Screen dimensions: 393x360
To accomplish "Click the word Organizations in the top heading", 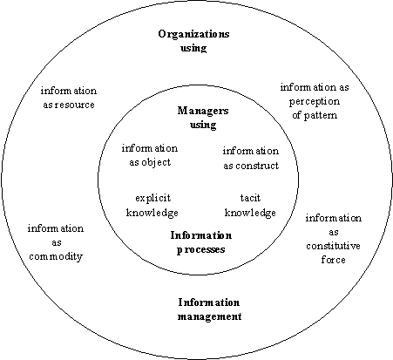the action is (x=193, y=34).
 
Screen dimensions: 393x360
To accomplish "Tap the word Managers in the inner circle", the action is (x=203, y=111).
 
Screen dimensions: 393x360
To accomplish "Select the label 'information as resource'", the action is (x=69, y=98).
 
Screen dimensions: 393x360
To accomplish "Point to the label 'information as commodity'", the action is (x=56, y=242).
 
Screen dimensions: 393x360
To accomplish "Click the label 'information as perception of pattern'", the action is (x=315, y=101).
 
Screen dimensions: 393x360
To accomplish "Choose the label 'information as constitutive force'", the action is (x=334, y=239).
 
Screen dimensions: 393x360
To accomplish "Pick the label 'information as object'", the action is (x=150, y=155).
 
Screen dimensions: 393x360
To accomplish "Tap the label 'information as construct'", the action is (x=251, y=158).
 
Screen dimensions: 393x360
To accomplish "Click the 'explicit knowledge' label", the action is (x=152, y=206).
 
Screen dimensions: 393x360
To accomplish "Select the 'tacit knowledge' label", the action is (x=250, y=206).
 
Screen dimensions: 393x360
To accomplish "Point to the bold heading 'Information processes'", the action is (x=201, y=242).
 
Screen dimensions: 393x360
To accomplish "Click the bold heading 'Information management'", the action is (x=209, y=309).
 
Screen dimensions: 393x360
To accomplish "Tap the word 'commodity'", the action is (x=56, y=256).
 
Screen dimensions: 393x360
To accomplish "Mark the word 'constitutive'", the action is (x=334, y=246).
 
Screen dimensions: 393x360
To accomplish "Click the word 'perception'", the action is (x=315, y=102).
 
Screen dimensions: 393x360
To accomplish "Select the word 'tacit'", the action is (x=250, y=198).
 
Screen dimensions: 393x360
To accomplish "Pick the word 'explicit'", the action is (x=152, y=199).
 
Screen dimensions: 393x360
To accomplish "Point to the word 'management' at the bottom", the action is (x=209, y=316).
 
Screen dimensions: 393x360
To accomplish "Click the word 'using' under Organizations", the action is (x=193, y=48).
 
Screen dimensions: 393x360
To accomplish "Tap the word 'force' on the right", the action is (x=334, y=260).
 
